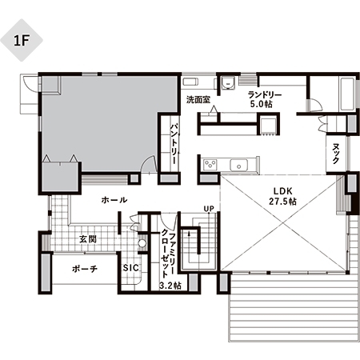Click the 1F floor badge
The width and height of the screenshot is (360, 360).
click(22, 40)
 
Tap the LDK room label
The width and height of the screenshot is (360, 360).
click(283, 191)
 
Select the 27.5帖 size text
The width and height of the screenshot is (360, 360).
click(282, 202)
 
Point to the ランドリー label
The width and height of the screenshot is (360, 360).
click(265, 94)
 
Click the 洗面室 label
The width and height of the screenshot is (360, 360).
click(198, 100)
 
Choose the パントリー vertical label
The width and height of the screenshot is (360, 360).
click(174, 143)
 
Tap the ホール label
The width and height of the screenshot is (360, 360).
click(114, 200)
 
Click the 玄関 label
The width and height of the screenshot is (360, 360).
click(88, 239)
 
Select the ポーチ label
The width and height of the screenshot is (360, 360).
click(85, 269)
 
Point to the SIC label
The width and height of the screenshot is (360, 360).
click(131, 268)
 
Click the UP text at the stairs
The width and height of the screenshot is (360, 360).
click(209, 209)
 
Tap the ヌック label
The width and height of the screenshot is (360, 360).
click(336, 154)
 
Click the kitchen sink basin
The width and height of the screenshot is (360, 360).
click(239, 166)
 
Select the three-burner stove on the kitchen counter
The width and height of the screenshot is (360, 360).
click(210, 165)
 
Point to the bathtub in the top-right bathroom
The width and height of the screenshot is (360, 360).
click(347, 94)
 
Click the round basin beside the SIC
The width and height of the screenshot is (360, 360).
click(142, 243)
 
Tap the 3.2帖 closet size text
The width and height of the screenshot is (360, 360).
click(170, 285)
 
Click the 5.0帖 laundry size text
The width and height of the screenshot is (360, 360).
click(262, 104)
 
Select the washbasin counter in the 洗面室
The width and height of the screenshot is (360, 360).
click(190, 82)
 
